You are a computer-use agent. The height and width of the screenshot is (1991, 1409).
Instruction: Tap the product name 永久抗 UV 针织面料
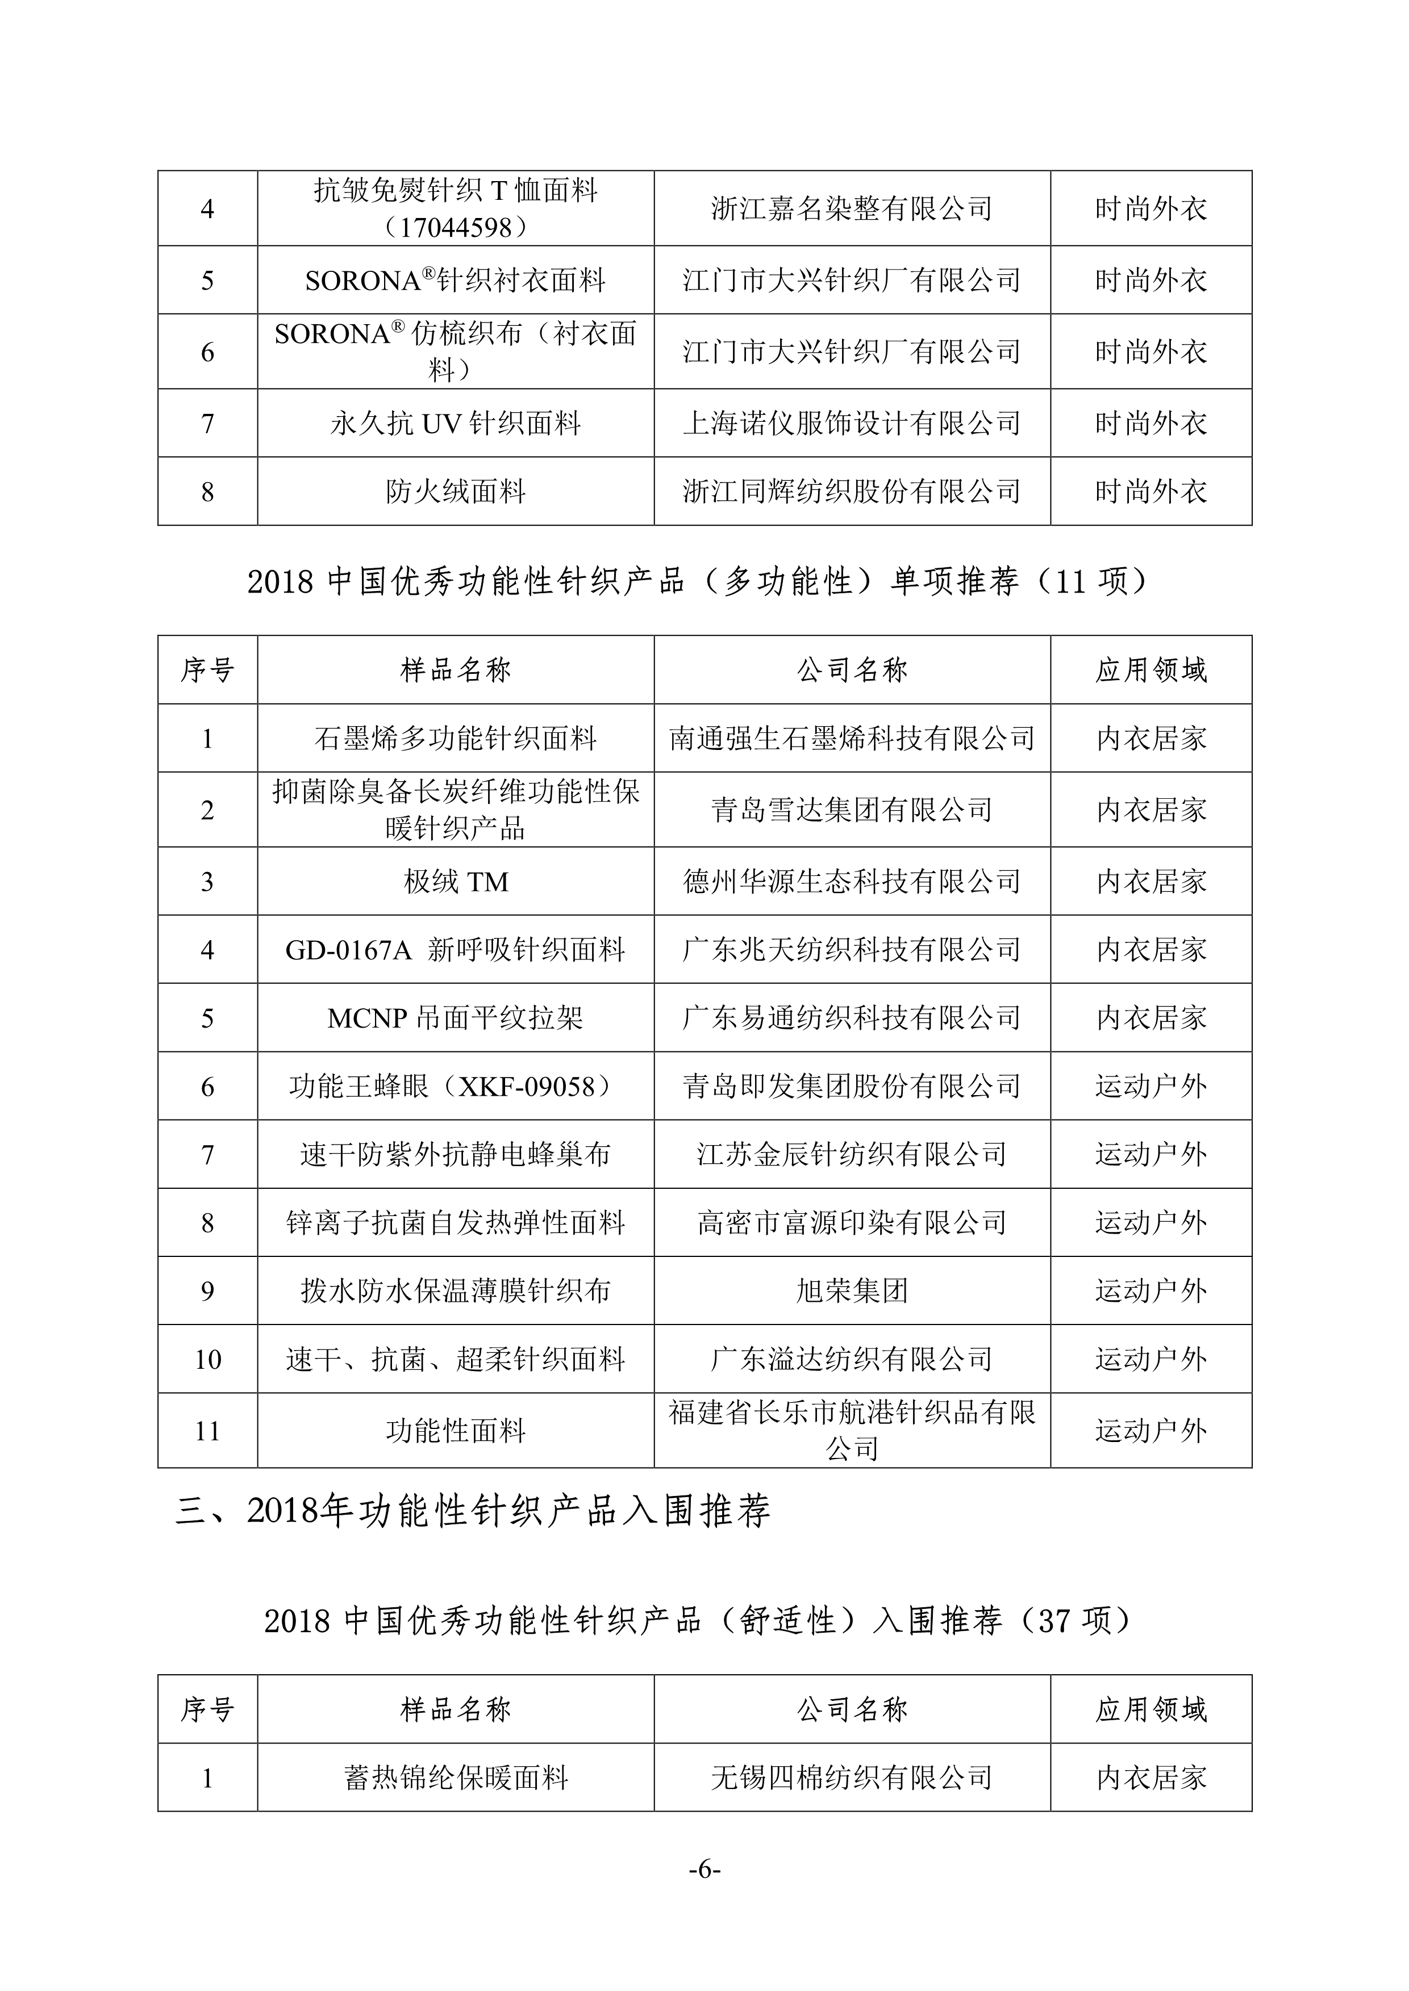(456, 423)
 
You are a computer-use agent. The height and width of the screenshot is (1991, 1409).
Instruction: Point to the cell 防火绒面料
(456, 492)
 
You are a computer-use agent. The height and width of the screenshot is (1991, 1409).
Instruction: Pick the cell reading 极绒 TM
(456, 882)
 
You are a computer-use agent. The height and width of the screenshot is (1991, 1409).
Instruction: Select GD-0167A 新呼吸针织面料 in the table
(456, 950)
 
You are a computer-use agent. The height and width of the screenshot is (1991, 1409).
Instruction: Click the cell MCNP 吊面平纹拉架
(456, 1018)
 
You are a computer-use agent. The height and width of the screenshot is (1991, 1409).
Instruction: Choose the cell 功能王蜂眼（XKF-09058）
(456, 1085)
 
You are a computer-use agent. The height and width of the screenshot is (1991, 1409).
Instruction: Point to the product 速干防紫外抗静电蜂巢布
(456, 1154)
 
